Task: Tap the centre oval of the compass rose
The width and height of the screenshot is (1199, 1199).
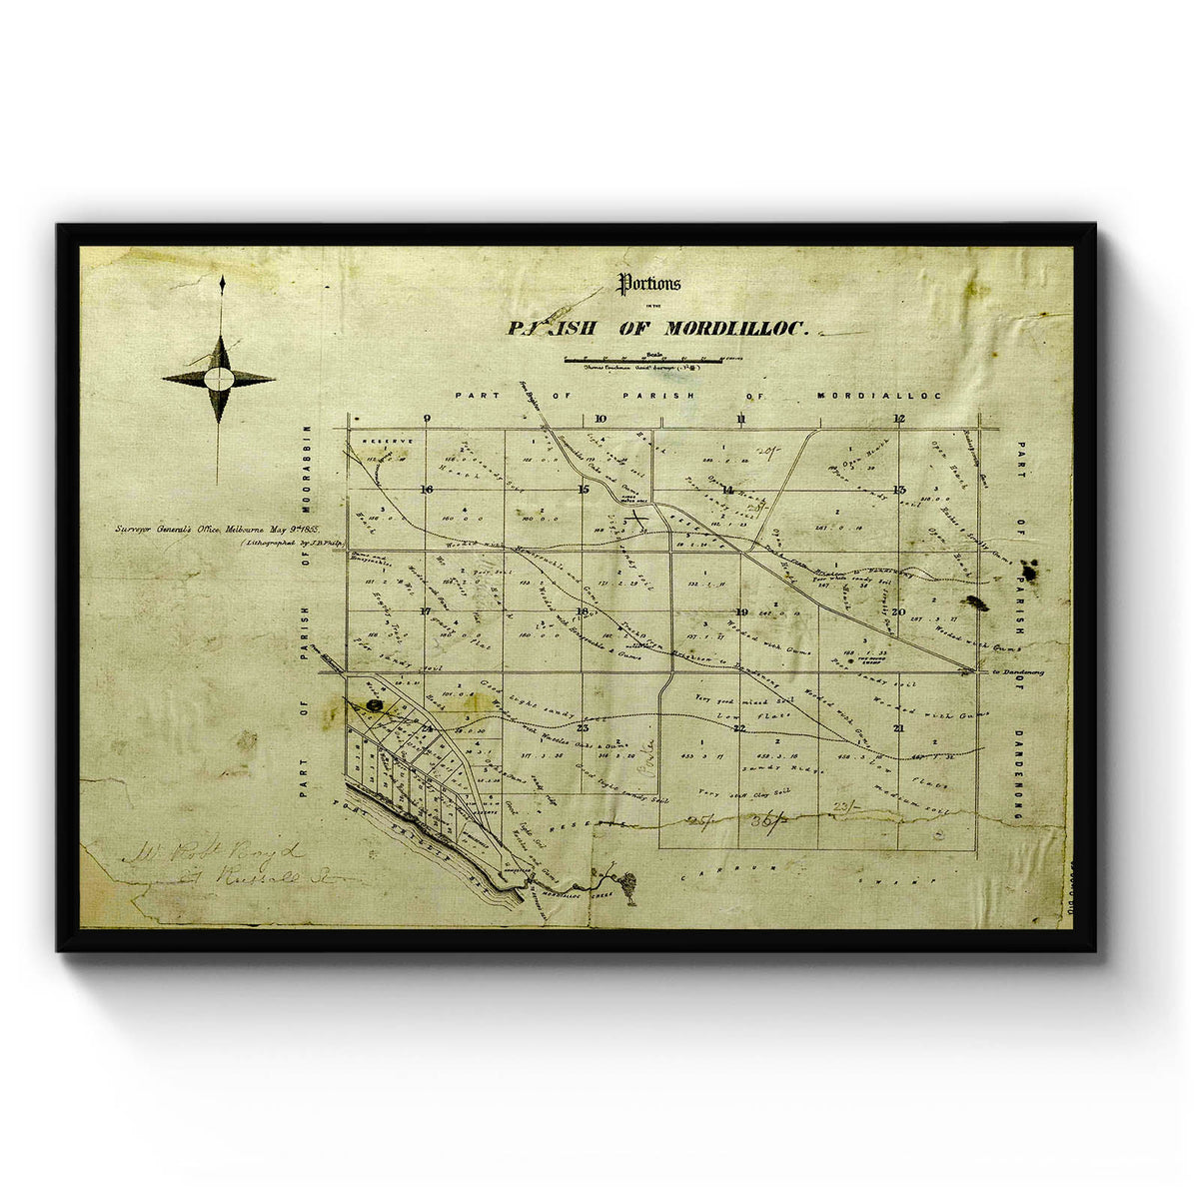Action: click(x=219, y=379)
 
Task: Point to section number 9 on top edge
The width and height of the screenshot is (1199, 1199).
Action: click(x=427, y=419)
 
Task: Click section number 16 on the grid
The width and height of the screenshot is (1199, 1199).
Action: click(x=427, y=489)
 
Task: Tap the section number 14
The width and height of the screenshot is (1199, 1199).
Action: click(x=727, y=490)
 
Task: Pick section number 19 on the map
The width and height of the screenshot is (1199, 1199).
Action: click(x=740, y=612)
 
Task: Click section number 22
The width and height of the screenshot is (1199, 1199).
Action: click(x=739, y=728)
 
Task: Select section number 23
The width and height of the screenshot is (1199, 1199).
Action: click(x=583, y=727)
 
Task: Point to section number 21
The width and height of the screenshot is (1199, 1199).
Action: click(x=899, y=728)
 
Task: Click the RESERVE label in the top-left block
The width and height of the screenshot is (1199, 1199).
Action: click(x=380, y=440)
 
